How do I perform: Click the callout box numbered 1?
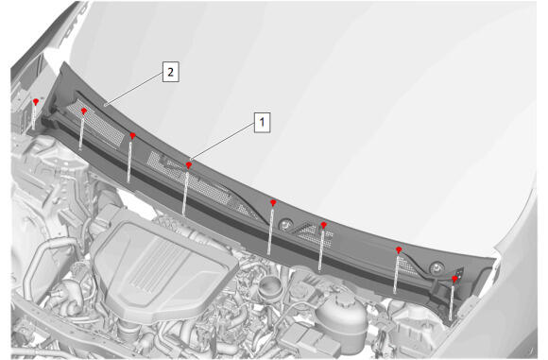point(262,122)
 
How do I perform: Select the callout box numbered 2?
point(171,72)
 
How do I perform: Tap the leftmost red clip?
point(36,102)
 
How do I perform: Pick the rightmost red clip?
point(454,279)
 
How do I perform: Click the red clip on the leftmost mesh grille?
point(84,111)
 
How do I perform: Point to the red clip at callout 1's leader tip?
point(189,164)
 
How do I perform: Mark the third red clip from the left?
point(132,135)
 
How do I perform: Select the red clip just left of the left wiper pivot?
point(273,202)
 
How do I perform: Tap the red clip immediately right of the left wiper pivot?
point(324,225)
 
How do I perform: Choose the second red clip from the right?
point(399,249)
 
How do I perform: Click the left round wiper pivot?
point(286,224)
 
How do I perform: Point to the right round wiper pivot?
point(437,267)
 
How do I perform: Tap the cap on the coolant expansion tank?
point(343,299)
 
